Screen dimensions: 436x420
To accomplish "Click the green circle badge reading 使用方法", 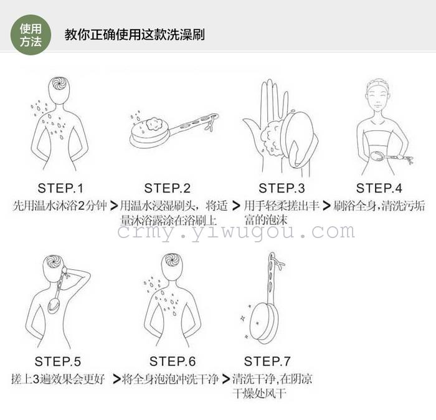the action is click(31, 35).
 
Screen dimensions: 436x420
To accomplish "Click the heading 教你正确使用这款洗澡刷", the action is click(135, 35).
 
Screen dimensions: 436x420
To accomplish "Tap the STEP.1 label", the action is click(60, 188).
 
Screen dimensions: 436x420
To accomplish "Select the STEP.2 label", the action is click(168, 188).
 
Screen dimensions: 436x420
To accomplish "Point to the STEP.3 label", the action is click(282, 188).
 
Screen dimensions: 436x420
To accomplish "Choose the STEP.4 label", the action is click(379, 188).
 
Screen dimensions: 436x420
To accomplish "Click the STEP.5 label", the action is click(57, 361).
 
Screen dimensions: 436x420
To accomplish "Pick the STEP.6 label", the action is click(173, 361).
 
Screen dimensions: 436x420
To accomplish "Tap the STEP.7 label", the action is click(267, 361).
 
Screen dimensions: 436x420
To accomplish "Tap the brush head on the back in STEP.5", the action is click(54, 306).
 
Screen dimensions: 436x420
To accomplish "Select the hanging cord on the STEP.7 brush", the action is click(278, 262).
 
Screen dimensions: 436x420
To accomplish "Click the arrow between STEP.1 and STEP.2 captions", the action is click(114, 206).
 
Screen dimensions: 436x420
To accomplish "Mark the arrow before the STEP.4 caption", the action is click(326, 206).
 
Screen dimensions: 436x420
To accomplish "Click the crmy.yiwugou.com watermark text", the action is click(236, 232).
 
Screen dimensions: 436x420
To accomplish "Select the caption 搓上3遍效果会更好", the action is click(58, 379).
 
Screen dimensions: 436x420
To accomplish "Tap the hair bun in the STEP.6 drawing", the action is click(171, 260).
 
